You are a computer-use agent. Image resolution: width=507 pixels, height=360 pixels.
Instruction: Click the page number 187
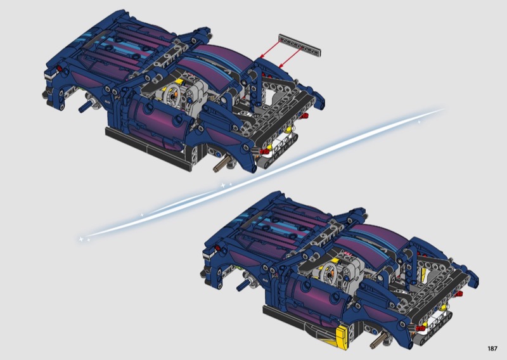(x=492, y=349)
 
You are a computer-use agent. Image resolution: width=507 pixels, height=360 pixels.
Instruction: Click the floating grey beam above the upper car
(x=300, y=46)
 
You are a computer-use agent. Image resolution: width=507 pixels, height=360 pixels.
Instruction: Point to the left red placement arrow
(x=271, y=48)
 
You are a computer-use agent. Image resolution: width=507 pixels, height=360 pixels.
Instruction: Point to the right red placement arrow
(x=290, y=57)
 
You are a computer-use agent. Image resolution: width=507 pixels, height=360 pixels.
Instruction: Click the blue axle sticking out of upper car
(x=86, y=106)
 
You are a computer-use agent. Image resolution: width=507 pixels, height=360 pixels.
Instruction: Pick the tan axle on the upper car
(x=221, y=164)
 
